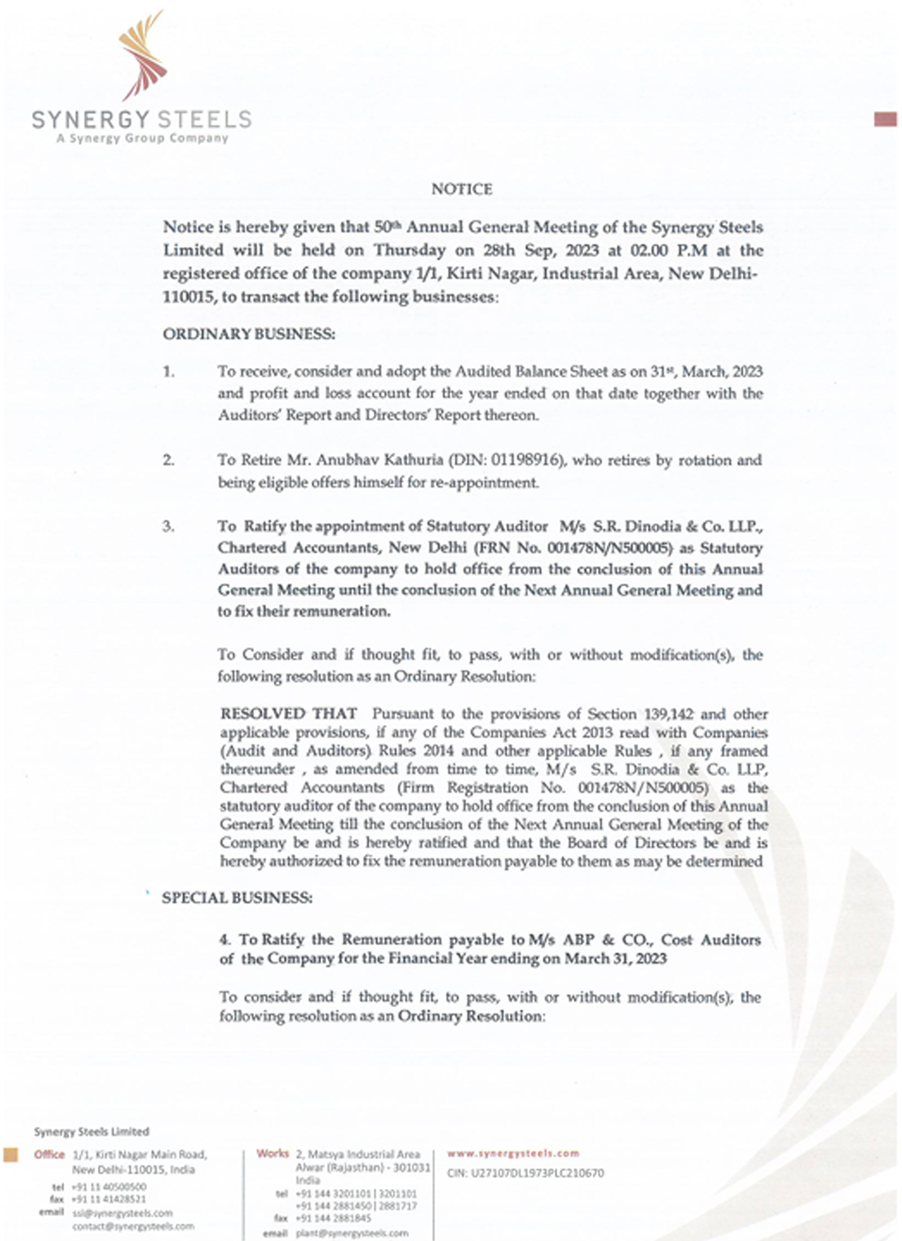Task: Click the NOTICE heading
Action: pos(462,189)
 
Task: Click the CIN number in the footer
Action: pos(525,1173)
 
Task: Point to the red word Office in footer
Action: pos(49,1154)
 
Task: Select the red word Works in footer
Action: pos(272,1153)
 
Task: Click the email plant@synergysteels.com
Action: pos(352,1233)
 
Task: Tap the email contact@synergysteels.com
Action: pos(133,1226)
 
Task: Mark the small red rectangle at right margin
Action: pos(885,119)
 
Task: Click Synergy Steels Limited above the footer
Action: pos(91,1131)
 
